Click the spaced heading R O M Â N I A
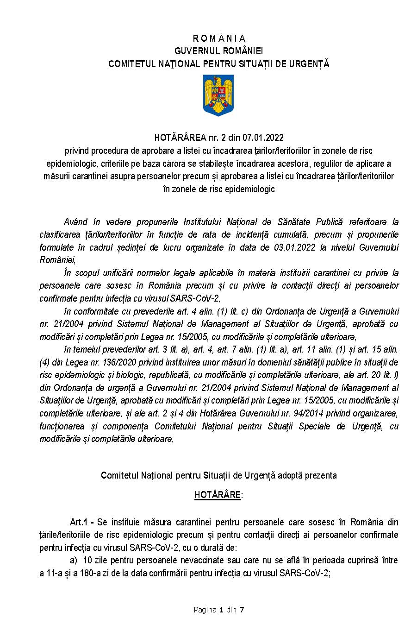219,38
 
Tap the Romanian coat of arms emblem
218,96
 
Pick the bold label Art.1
79,522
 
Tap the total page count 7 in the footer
242,610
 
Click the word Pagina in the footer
205,610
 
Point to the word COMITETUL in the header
129,64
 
